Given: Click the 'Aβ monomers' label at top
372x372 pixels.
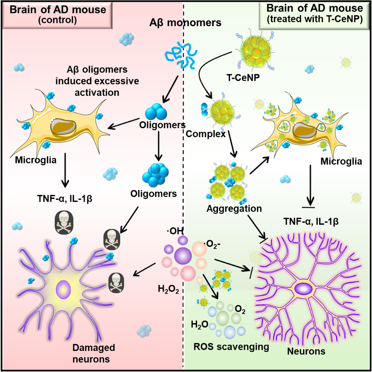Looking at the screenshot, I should point(186,23).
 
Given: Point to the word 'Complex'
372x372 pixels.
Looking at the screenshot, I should point(206,134).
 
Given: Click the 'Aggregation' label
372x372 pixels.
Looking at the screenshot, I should point(234,208).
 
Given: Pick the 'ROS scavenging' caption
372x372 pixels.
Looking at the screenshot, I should point(231,346).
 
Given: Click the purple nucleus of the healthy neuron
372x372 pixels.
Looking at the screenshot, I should point(303,289).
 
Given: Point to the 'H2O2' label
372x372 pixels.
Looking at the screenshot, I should point(168,289).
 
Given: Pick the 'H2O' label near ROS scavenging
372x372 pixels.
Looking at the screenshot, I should point(199,325).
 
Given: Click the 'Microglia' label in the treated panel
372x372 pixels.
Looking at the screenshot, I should point(341,161).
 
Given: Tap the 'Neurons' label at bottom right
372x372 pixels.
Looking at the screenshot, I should point(306,351).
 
